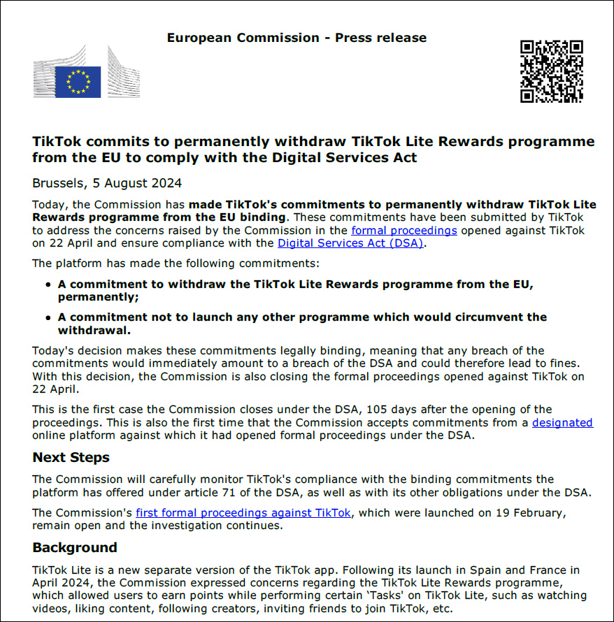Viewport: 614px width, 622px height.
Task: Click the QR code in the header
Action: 551,71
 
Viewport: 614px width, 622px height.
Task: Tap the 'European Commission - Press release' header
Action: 297,38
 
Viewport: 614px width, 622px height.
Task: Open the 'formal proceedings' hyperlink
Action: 404,230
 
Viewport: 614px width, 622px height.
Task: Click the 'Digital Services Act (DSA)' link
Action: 350,243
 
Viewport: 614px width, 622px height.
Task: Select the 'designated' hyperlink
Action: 562,422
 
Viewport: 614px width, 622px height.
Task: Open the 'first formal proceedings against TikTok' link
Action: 243,513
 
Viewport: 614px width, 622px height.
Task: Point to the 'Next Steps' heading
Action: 71,458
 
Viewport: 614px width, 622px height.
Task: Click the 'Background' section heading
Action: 75,547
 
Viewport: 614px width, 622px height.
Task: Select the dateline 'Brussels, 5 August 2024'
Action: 107,183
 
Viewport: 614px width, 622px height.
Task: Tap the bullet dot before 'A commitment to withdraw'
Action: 48,285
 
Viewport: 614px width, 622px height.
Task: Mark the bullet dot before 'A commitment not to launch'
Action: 48,317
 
